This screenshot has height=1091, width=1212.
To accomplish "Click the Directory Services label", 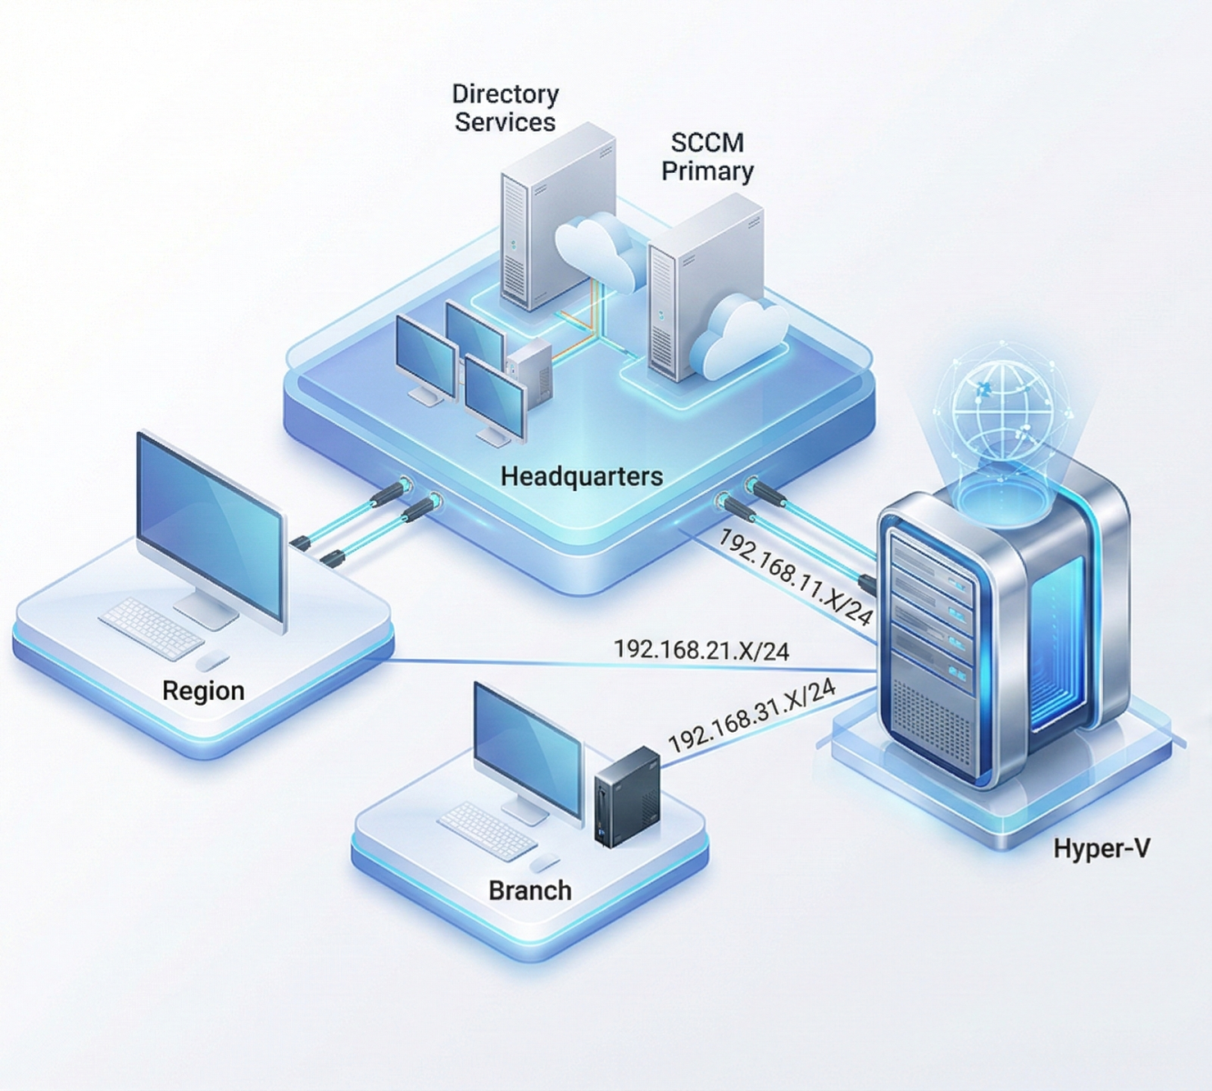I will coord(505,108).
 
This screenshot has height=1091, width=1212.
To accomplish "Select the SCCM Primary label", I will coord(706,156).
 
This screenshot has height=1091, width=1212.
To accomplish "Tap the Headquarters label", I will coord(581,475).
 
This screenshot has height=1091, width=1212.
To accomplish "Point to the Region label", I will coord(203,691).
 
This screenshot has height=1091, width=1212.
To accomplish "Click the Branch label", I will coord(529,890).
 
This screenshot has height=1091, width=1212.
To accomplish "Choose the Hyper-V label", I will coord(1101,848).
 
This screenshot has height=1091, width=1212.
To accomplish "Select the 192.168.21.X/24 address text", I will coord(701,650).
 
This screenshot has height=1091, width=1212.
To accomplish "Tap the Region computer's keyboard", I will coord(152,626).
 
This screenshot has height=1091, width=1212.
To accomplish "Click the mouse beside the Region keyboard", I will coord(213,661).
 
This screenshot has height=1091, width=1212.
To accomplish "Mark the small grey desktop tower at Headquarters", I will coord(529,373).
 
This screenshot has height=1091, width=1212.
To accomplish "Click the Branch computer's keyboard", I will coord(487,830).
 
